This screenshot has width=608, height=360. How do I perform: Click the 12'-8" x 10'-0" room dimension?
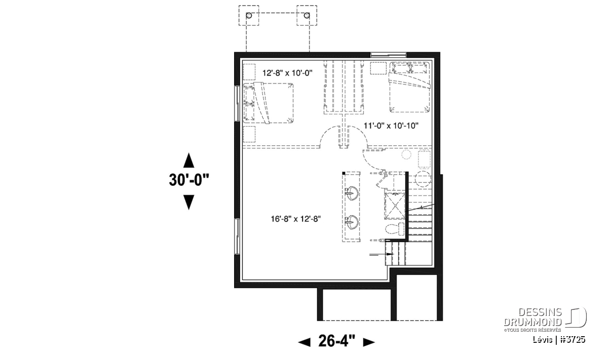point(287,73)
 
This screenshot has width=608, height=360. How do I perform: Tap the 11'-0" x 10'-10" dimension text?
point(391,126)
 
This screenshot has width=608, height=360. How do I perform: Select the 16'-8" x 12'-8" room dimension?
point(296,219)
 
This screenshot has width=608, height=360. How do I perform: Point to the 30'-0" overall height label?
point(189,180)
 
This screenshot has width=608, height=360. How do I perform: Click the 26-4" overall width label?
point(336,341)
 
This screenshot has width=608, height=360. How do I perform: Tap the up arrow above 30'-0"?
point(188,161)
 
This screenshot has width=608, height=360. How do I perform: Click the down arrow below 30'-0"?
point(188,203)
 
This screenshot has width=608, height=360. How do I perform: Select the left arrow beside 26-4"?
point(305,342)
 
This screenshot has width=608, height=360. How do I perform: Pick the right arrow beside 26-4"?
point(369,342)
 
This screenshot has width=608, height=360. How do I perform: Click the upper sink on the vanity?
point(352,193)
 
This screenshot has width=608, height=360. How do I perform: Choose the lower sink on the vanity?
point(352,223)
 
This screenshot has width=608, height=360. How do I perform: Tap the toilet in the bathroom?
point(395,228)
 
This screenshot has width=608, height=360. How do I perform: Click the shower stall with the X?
point(395,205)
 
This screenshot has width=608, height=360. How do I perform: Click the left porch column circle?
point(249,16)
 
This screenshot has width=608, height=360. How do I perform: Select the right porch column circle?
point(307,16)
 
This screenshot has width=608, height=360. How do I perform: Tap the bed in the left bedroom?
point(268,103)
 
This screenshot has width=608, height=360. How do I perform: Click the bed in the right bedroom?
point(410,87)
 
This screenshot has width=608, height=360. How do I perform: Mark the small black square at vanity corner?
point(344,173)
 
